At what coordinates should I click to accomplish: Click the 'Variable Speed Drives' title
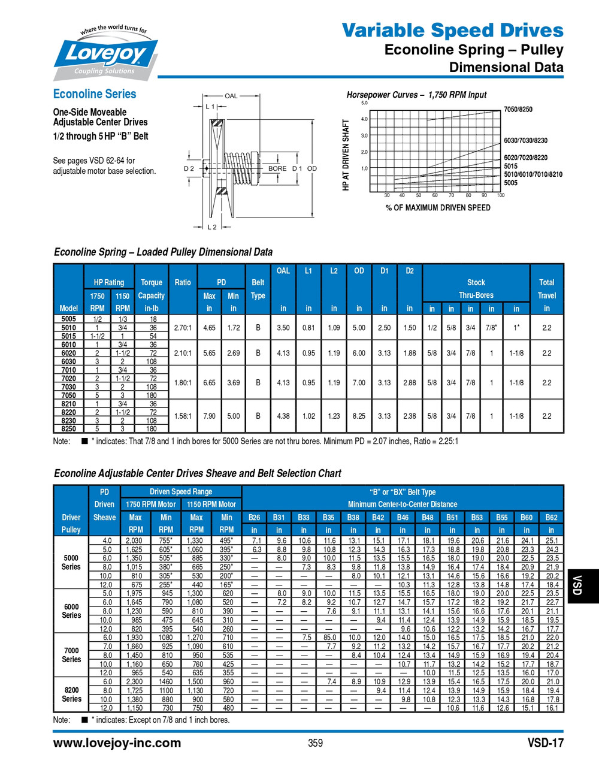452,30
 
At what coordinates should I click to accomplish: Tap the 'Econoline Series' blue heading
95,94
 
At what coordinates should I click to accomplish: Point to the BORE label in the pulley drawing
277,168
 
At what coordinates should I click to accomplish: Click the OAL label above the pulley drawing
231,96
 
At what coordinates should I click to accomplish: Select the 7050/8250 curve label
518,110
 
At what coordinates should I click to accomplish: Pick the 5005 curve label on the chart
510,183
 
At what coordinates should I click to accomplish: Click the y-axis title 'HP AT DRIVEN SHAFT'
346,155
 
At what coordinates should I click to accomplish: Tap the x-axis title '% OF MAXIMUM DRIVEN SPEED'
438,208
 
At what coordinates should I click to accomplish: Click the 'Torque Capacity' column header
151,289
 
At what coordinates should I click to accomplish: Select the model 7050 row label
68,395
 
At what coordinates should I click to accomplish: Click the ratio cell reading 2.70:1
183,328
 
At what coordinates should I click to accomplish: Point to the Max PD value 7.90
209,416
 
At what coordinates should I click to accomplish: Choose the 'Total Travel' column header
546,289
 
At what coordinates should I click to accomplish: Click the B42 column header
378,517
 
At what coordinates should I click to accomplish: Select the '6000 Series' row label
71,611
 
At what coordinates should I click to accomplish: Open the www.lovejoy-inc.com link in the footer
117,743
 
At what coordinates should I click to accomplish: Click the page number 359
315,743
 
